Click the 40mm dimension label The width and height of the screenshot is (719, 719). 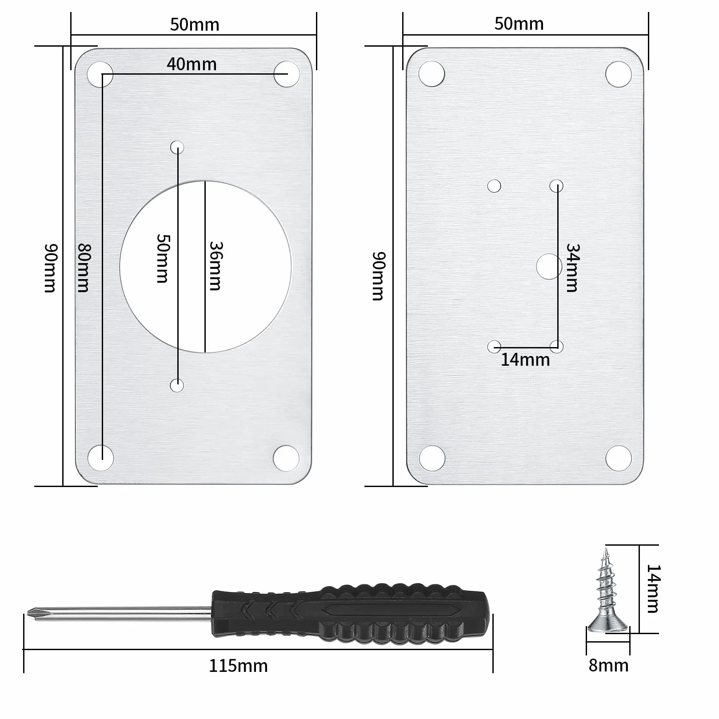pos(192,64)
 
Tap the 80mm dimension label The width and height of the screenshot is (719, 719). pos(83,268)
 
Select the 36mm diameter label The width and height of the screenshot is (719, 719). pos(215,266)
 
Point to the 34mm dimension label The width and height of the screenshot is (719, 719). pos(572,268)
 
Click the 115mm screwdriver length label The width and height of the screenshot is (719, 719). pos(238,666)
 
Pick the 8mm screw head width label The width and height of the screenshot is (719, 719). pos(608,665)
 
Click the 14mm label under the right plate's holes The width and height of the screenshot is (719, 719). pos(525,359)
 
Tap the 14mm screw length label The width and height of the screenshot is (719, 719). pos(653,589)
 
